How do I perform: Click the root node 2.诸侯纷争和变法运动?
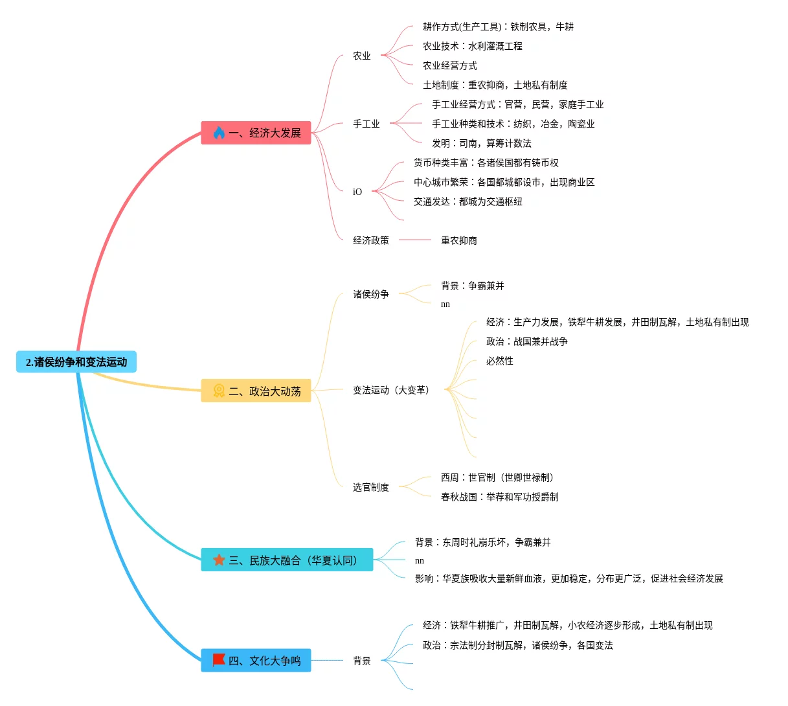pos(76,362)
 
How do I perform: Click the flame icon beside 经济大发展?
pos(219,133)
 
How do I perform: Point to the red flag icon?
pos(219,660)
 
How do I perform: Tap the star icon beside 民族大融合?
pos(219,560)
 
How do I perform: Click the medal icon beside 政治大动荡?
pos(219,391)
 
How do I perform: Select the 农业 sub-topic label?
pos(362,56)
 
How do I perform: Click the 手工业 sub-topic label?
pos(366,124)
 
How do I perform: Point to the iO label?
pos(357,192)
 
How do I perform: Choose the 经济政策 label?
pos(371,240)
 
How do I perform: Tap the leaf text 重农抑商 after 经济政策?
pos(459,240)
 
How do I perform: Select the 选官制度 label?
pos(371,487)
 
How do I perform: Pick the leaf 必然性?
pos(500,361)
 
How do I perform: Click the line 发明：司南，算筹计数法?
pos(482,143)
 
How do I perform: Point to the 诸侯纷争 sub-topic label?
pos(371,294)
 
